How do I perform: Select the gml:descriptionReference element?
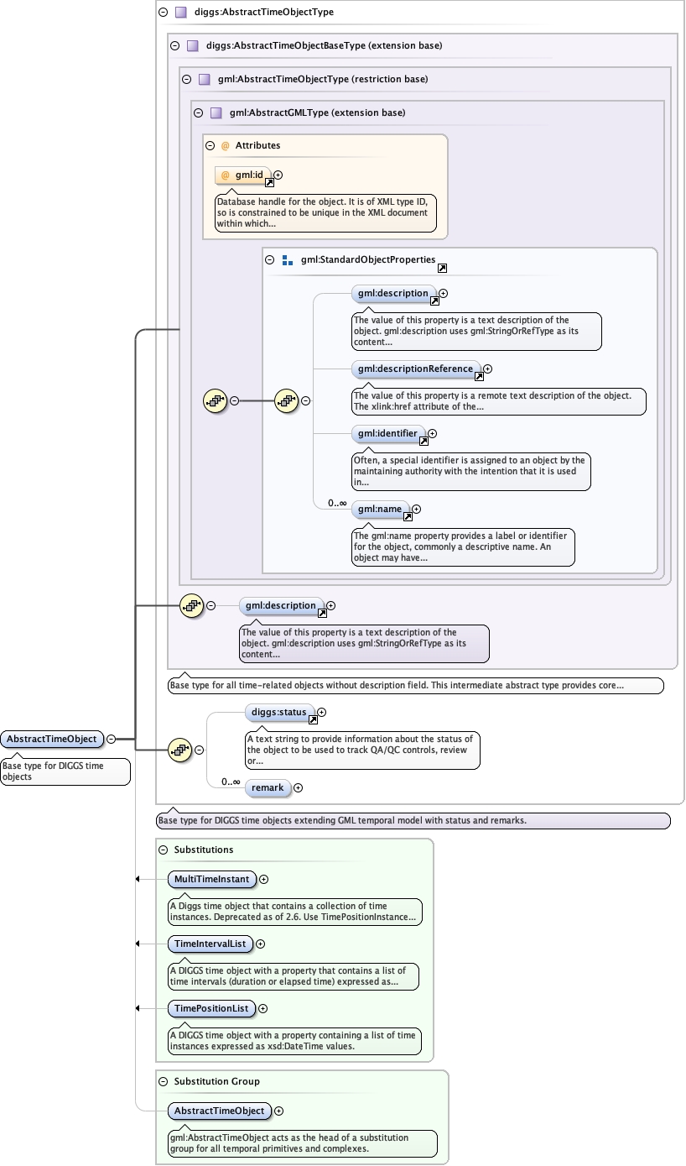415,369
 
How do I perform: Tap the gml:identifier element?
387,433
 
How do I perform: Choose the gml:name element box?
380,509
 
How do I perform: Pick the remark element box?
268,787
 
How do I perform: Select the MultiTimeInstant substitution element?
211,879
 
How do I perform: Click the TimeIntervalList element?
210,944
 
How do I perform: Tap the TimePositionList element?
210,1008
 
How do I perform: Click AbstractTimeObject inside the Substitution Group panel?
219,1111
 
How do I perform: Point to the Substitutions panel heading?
204,850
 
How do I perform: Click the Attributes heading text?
257,145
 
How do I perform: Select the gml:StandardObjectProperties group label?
367,260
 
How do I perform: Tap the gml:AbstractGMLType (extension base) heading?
317,112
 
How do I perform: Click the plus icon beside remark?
298,787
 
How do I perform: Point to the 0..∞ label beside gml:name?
337,503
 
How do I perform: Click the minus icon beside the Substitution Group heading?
164,1081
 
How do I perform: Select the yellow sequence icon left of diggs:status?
179,750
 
